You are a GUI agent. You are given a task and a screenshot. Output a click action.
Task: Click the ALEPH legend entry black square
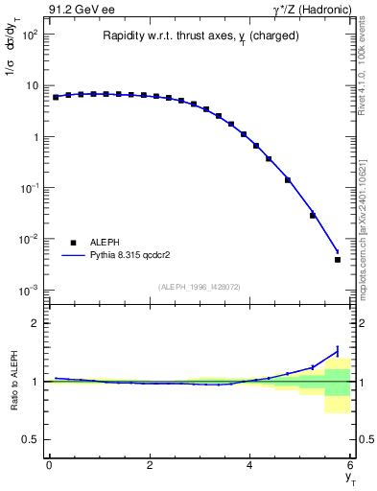click(x=73, y=243)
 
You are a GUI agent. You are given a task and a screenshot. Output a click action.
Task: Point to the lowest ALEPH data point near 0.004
click(x=338, y=259)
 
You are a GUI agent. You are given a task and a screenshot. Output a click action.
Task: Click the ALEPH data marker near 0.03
click(x=313, y=215)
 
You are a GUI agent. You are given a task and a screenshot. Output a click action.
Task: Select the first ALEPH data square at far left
click(x=56, y=97)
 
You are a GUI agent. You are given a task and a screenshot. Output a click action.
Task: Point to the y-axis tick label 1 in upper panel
click(x=35, y=136)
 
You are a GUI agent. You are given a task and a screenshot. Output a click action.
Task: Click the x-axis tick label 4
click(x=250, y=465)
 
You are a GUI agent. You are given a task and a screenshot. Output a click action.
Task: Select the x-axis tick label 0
click(x=49, y=465)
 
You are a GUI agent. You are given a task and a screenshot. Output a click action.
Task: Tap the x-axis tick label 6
click(x=351, y=465)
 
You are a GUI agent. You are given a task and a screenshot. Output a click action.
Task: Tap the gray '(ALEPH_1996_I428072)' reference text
click(x=199, y=286)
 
